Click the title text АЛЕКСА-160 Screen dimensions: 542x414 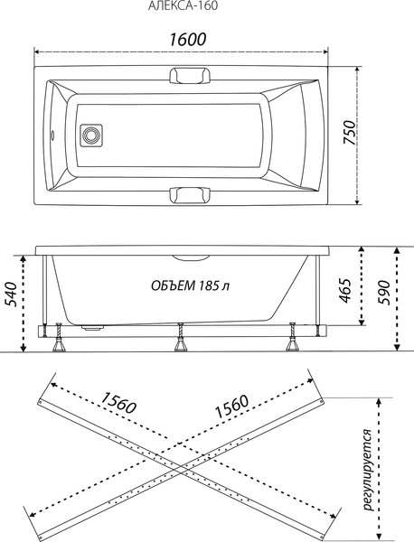pyautogui.click(x=181, y=6)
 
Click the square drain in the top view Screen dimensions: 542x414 pyautogui.click(x=90, y=137)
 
